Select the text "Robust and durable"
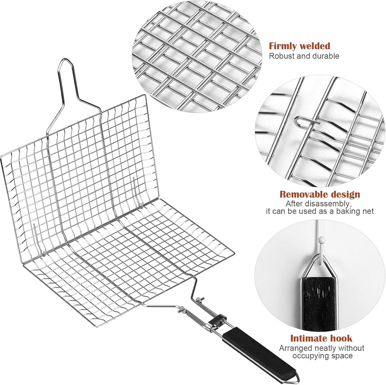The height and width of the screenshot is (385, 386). click(304, 56)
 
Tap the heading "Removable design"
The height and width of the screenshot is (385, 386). click(320, 194)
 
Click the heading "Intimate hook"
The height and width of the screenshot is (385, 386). click(321, 338)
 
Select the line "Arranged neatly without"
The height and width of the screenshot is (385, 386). click(322, 348)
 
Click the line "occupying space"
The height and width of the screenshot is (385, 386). click(322, 356)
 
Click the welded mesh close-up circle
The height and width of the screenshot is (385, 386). click(197, 57)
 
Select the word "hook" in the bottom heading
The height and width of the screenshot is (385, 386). click(342, 338)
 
